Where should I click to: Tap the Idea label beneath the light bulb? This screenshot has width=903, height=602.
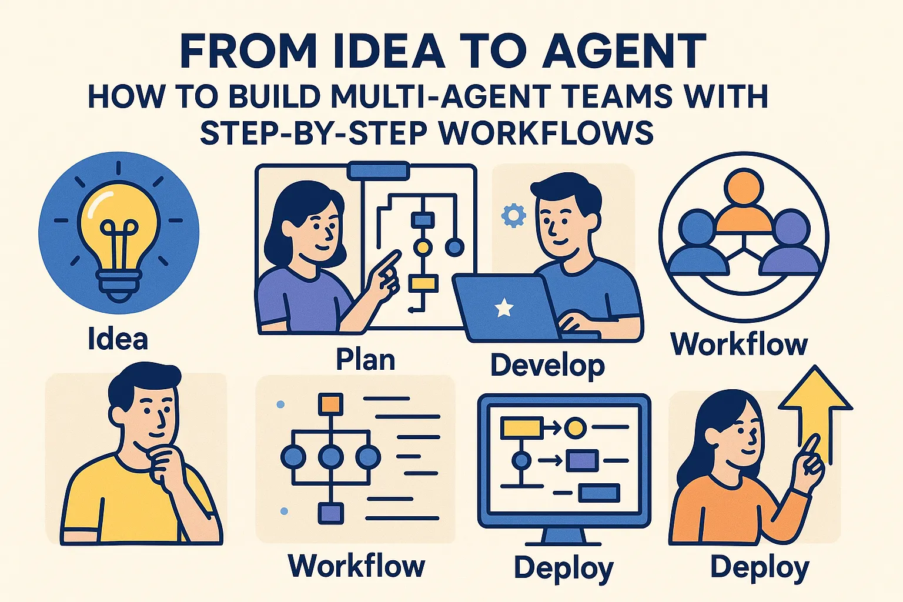(x=118, y=339)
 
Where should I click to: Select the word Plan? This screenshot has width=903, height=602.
(x=365, y=359)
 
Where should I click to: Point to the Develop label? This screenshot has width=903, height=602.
(x=547, y=366)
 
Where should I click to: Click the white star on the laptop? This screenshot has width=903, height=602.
(x=504, y=307)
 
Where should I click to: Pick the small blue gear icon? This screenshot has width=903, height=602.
(x=513, y=216)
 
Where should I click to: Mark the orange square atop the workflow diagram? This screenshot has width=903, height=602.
(x=330, y=404)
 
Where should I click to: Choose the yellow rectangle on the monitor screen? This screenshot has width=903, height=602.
(x=521, y=428)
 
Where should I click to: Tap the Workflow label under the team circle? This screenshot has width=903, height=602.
(x=739, y=344)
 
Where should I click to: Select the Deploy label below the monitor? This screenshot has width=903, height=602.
(x=563, y=568)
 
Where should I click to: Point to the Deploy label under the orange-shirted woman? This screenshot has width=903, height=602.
(x=760, y=568)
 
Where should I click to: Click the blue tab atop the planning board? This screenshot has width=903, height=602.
(x=379, y=170)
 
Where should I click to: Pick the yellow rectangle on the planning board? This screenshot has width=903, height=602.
(x=423, y=283)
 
